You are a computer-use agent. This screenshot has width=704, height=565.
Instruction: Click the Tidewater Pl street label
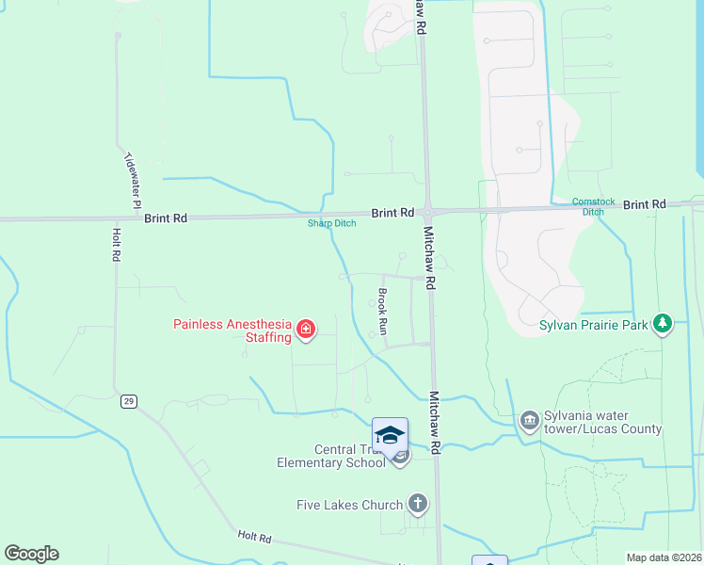(133, 180)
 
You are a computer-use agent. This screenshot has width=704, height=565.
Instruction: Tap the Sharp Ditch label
(331, 223)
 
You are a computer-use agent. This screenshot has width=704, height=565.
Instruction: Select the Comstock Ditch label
(592, 206)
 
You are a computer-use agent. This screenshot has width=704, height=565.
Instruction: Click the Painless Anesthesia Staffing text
(232, 331)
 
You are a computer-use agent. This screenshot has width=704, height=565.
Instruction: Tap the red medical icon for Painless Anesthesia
(305, 330)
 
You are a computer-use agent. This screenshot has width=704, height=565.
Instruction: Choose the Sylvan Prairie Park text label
(596, 325)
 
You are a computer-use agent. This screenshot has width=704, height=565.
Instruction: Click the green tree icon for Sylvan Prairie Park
(664, 324)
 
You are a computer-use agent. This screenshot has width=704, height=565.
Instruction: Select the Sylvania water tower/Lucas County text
(602, 423)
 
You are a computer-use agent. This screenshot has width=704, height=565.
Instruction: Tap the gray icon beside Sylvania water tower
(529, 419)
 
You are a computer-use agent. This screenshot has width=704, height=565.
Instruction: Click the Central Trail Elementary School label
(331, 456)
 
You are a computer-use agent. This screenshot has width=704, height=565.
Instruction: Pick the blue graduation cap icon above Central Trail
(390, 435)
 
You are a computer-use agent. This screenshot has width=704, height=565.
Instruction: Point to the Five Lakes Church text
(349, 505)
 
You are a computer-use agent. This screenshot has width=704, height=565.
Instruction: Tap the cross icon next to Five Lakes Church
(417, 504)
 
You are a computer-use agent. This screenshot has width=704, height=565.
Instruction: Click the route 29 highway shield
(129, 401)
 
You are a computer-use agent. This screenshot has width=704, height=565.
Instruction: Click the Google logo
(31, 554)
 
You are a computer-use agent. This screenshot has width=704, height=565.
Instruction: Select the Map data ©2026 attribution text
(664, 557)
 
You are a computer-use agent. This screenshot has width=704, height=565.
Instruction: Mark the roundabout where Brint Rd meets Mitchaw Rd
(427, 212)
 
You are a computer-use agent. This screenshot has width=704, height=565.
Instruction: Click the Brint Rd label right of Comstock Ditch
(644, 204)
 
